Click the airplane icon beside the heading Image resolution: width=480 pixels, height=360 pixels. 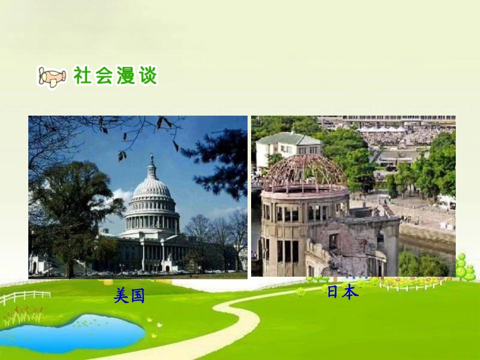click(52, 77)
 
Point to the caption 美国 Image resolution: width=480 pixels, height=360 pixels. click(129, 295)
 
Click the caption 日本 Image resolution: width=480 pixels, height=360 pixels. click(343, 292)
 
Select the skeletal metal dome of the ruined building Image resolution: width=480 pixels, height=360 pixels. click(304, 172)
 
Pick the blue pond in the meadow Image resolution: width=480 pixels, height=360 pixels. click(76, 331)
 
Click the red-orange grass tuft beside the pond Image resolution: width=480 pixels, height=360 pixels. click(23, 316)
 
